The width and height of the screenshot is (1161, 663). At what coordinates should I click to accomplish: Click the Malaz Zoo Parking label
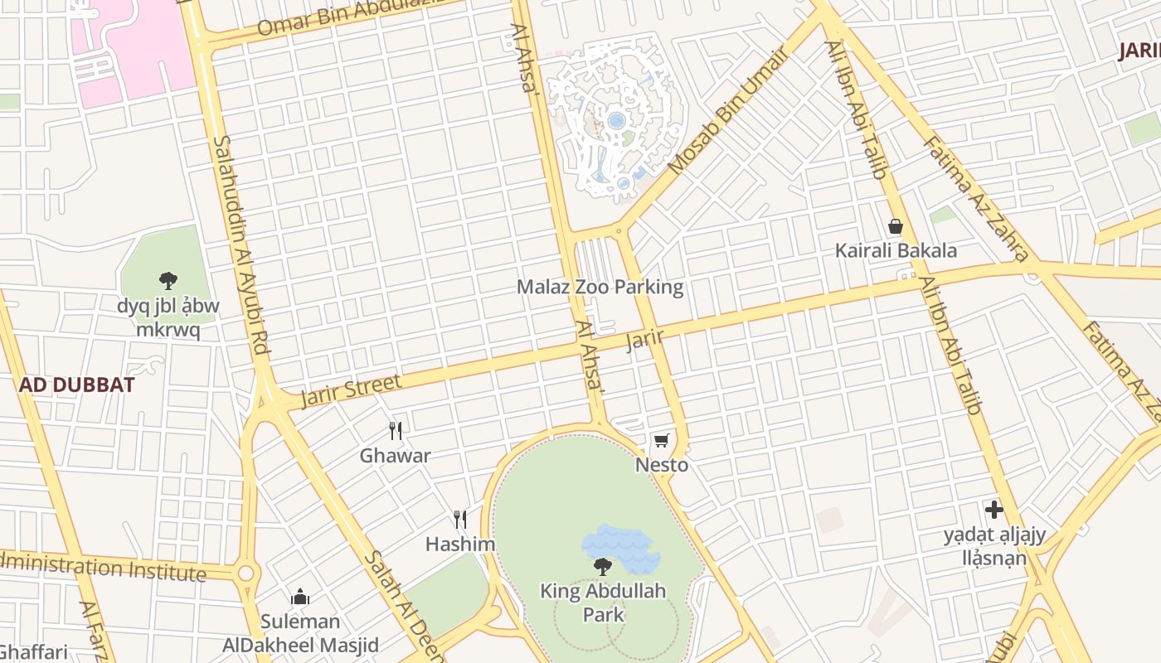coord(600,287)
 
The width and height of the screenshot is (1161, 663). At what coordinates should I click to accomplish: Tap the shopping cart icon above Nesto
coord(661,440)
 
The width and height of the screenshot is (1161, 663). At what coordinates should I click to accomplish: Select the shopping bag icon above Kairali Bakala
coord(896,226)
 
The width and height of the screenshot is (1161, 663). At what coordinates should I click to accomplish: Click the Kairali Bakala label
coord(896,250)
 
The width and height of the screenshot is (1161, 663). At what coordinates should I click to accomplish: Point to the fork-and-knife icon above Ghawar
coord(396,430)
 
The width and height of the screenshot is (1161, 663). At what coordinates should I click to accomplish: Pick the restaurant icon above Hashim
coord(460,520)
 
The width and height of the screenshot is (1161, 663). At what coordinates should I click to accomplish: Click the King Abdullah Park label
coord(603,603)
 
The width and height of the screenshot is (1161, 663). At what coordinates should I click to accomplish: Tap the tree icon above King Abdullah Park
coord(603,567)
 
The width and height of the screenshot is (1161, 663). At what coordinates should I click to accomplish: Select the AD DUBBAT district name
coord(76,385)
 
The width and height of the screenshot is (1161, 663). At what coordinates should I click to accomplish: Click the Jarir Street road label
coord(351,390)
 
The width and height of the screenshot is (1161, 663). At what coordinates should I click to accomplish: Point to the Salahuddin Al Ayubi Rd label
coord(241,246)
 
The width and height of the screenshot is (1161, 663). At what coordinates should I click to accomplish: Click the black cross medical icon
coord(993,509)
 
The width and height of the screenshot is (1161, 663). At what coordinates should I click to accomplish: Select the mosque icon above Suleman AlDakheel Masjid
coord(300,597)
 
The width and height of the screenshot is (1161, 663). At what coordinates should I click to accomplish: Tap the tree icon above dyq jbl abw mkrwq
coord(168,281)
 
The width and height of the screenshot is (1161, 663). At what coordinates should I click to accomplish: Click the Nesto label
coord(662,465)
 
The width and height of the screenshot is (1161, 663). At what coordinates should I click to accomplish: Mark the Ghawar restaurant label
coord(395,455)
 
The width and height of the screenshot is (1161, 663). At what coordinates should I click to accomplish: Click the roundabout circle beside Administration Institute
coord(245,573)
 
